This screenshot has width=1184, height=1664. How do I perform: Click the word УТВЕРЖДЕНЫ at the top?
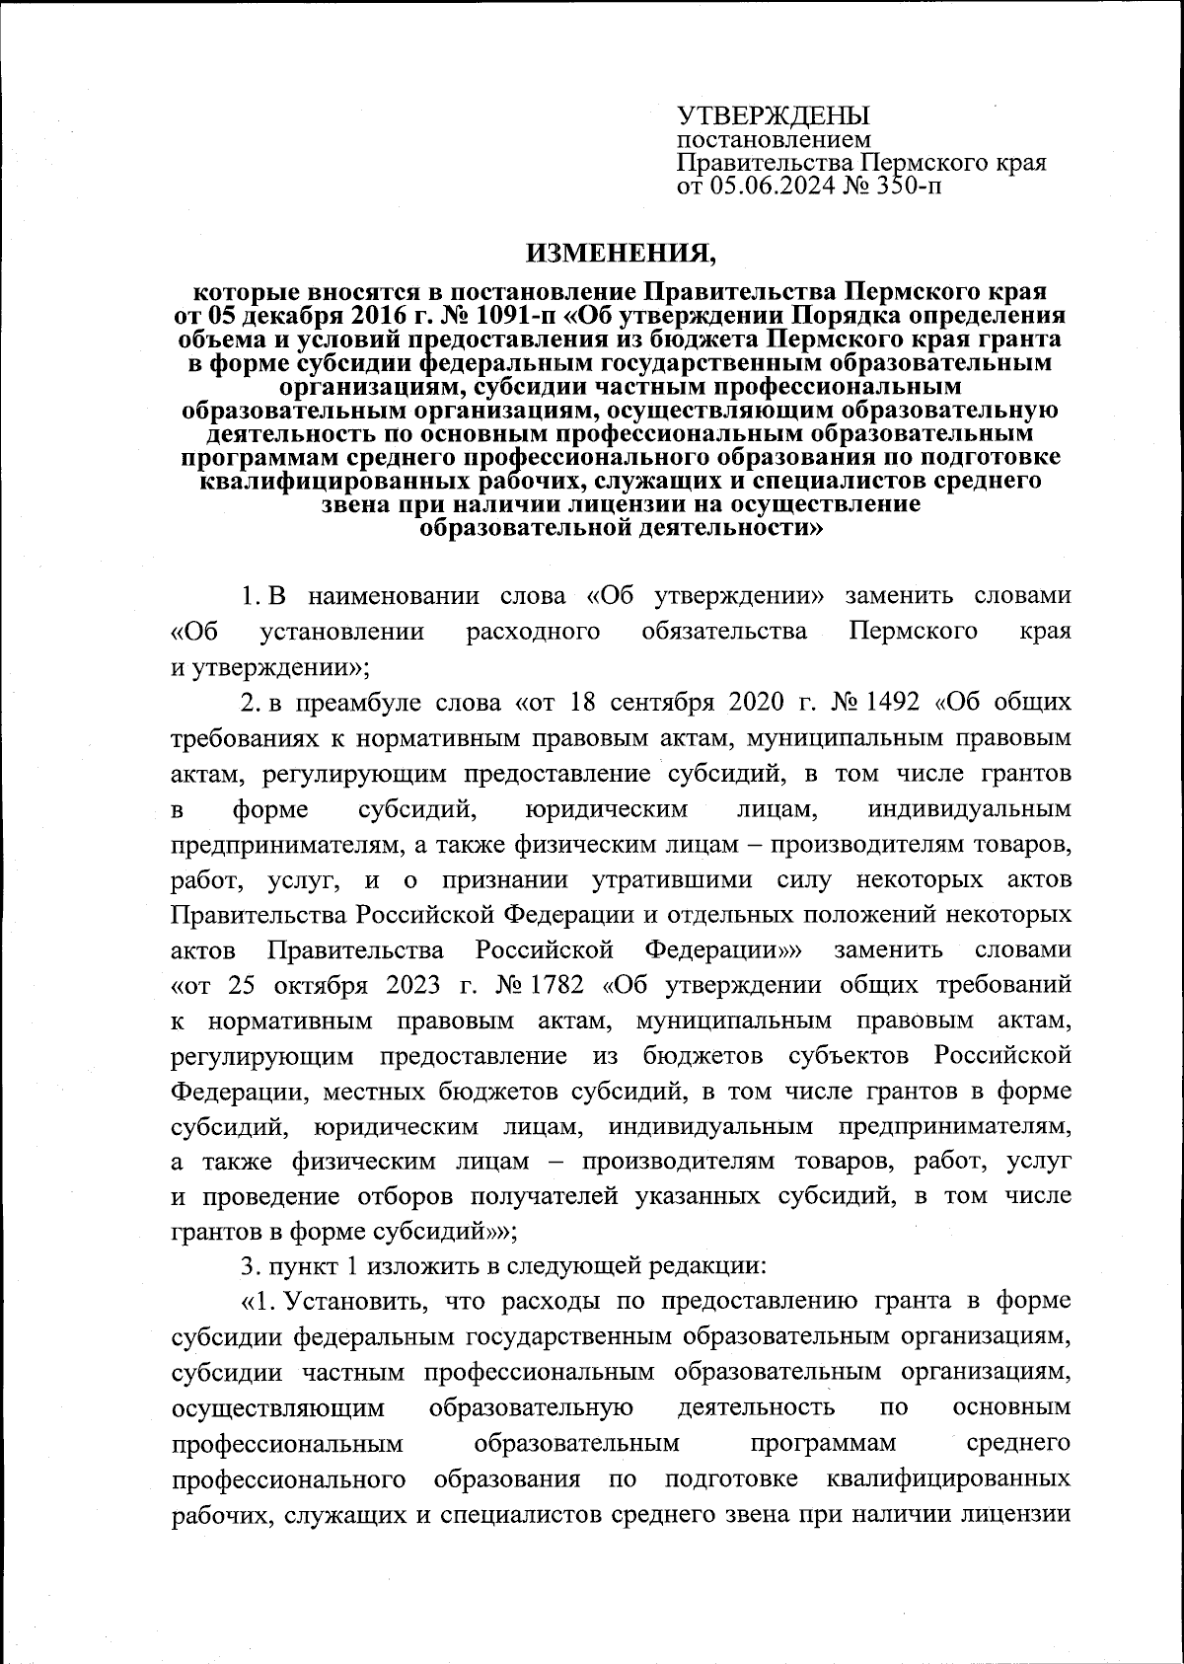[773, 116]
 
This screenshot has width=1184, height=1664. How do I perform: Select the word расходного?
[533, 632]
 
